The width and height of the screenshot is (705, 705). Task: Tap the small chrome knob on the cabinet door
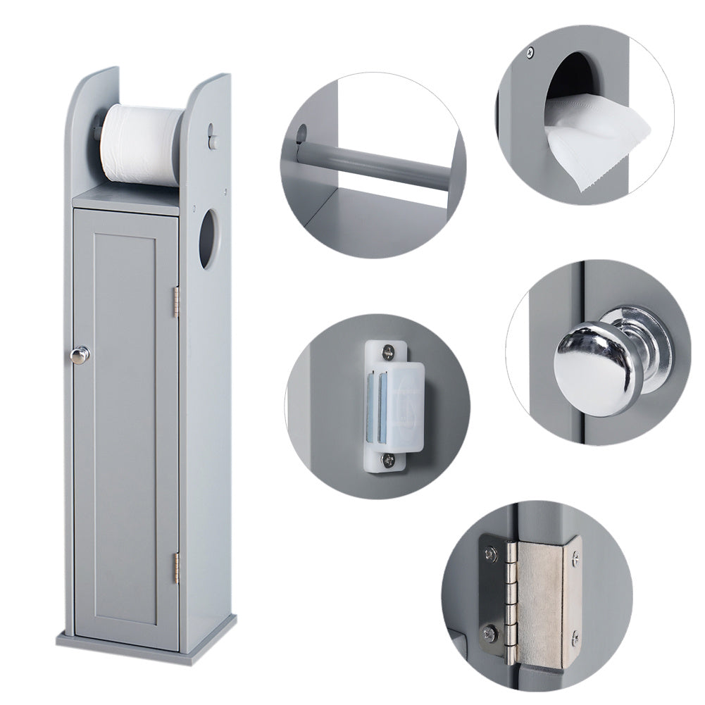click(x=82, y=354)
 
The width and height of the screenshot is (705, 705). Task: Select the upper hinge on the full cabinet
click(x=176, y=301)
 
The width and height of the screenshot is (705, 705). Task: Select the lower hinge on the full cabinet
click(x=176, y=568)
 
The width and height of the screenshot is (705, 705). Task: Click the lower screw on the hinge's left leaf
click(x=489, y=632)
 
